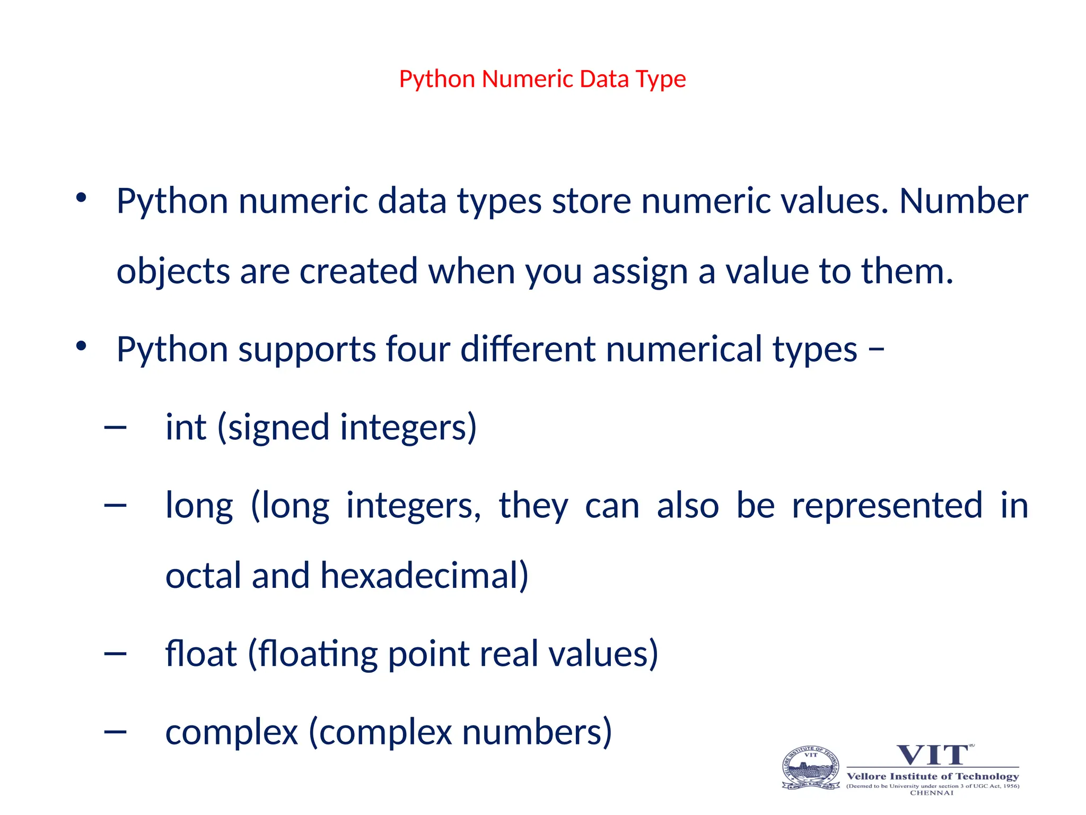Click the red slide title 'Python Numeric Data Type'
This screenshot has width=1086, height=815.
point(542,79)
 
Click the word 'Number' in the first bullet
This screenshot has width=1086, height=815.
point(964,201)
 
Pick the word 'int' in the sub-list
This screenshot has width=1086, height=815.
point(186,427)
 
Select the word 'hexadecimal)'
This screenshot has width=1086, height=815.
point(424,576)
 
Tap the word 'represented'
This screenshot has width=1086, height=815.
point(887,505)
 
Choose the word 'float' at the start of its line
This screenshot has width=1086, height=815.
point(201,653)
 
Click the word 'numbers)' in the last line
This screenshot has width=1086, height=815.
point(537,732)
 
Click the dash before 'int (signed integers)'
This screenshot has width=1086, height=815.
point(116,427)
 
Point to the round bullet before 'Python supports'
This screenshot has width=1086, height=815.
point(81,346)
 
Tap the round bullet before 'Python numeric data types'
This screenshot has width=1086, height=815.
point(81,198)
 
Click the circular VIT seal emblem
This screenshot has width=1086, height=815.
point(811,768)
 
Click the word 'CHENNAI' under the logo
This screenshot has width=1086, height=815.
point(932,793)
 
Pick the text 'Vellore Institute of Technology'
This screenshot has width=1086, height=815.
point(933,776)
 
